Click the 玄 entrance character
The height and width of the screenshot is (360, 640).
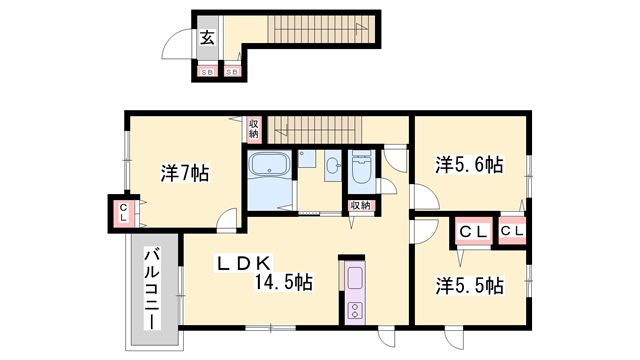click(206, 39)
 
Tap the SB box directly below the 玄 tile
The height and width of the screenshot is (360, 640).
click(207, 72)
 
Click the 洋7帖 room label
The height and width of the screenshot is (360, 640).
click(184, 173)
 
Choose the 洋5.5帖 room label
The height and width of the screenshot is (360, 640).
click(468, 285)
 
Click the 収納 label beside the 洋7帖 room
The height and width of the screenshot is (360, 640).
click(254, 127)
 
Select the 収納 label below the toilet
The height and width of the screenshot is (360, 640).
click(360, 205)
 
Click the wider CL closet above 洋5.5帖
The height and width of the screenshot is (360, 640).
click(472, 232)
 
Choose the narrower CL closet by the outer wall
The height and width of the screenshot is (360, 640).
click(513, 232)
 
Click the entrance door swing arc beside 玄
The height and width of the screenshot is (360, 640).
click(178, 45)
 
